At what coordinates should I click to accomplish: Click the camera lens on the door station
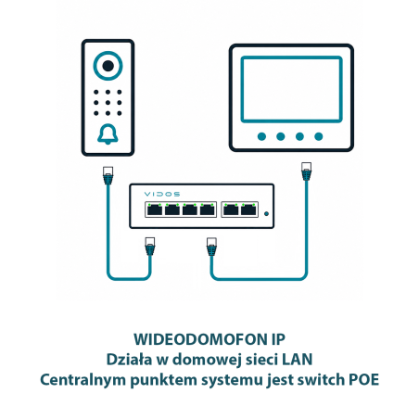tap(108, 66)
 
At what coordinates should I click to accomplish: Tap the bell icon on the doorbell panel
tap(108, 134)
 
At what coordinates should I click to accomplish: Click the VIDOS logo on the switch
tap(162, 194)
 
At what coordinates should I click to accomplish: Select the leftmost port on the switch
tap(155, 209)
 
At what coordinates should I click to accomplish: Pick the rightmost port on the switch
tap(248, 209)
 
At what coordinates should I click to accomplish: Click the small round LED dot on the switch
tap(266, 213)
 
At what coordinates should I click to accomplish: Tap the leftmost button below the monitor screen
tap(261, 136)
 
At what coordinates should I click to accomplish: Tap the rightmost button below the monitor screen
tap(319, 136)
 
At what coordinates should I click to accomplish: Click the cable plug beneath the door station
tap(108, 175)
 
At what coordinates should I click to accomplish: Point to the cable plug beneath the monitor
tap(306, 171)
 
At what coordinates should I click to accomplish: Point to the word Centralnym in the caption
tap(83, 380)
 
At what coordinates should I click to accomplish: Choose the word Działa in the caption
tap(129, 360)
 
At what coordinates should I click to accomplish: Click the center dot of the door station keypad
tap(108, 103)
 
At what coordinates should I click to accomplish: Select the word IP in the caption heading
tap(278, 339)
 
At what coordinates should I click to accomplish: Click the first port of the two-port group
tap(231, 209)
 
